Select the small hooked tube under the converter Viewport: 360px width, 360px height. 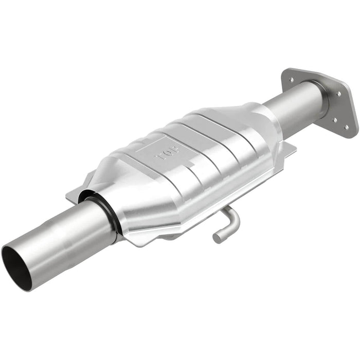226,224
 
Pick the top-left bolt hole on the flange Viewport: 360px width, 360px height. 292,80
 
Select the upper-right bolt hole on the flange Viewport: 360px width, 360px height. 338,94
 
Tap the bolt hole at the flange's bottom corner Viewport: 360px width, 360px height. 346,127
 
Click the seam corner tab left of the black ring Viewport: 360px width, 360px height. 75,194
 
